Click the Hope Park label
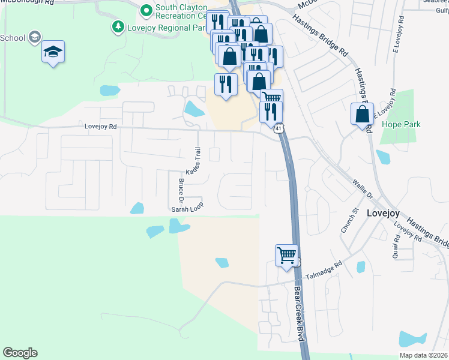tap(401, 125)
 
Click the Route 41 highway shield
tap(278, 129)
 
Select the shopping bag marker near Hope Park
tap(362, 113)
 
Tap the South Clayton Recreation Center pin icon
tap(145, 10)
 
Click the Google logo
tap(20, 353)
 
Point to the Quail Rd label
tap(397, 245)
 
